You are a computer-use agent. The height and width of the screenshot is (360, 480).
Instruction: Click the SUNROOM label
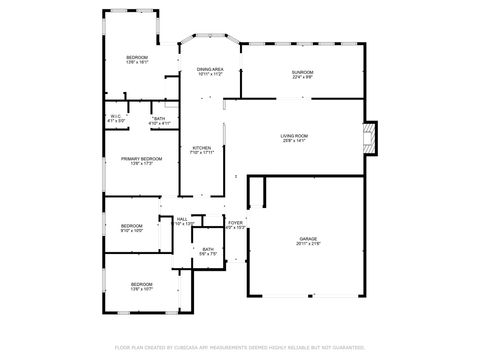(302, 72)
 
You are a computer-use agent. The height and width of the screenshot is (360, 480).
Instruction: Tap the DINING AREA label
(210, 69)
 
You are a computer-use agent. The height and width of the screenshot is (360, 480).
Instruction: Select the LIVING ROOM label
(293, 135)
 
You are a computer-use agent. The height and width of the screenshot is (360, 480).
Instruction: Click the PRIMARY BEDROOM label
(142, 159)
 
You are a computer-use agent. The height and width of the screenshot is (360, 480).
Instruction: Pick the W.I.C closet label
(116, 117)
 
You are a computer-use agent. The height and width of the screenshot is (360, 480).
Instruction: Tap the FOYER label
(235, 223)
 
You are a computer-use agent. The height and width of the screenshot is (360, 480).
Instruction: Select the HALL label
(182, 219)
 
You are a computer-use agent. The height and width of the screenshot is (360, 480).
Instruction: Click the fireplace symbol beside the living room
(371, 136)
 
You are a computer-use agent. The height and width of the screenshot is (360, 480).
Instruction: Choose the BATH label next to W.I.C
(159, 119)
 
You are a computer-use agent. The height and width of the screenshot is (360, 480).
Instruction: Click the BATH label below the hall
(208, 249)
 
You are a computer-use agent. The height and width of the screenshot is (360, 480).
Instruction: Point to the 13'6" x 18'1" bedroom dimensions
(137, 63)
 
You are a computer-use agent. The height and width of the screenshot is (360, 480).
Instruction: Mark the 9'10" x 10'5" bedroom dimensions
(132, 231)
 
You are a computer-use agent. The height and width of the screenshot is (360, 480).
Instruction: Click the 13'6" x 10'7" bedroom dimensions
(141, 290)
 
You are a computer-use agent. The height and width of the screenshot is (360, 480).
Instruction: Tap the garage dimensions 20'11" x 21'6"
(307, 244)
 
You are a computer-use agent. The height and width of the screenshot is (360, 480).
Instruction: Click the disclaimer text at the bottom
(240, 347)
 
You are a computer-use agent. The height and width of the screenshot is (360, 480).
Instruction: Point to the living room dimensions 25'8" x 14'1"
(293, 141)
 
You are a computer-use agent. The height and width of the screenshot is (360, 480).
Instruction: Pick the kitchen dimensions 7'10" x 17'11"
(202, 153)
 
